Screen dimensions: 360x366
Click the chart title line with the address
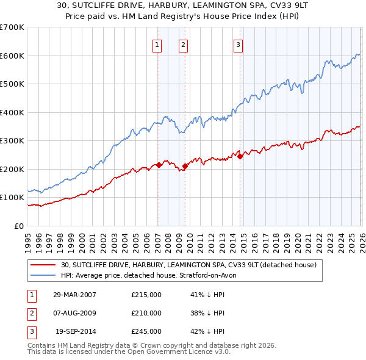(x=183, y=6)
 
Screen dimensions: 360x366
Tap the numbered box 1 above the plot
(x=157, y=44)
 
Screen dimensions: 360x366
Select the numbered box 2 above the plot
(x=183, y=44)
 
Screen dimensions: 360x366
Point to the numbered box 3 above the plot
(x=238, y=44)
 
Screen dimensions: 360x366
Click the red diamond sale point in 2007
(x=159, y=165)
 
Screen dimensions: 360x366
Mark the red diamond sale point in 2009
(x=184, y=166)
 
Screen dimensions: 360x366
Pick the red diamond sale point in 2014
(x=240, y=156)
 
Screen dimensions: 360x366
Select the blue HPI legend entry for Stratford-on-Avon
(x=152, y=276)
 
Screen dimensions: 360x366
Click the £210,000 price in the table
(x=146, y=313)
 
